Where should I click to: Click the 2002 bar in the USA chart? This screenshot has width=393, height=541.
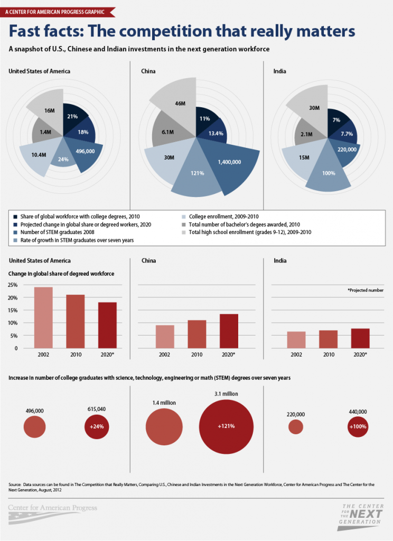click(43, 318)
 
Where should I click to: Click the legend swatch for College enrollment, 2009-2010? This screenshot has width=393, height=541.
click(184, 216)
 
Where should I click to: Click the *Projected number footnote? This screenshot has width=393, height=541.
click(366, 290)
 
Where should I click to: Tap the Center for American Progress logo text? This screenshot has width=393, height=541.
click(53, 508)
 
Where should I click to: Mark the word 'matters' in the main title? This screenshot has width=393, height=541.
click(321, 31)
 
